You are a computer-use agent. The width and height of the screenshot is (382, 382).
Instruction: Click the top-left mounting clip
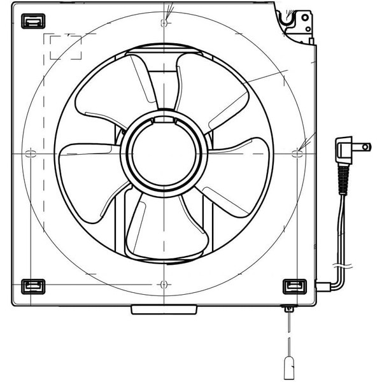pos(31,21)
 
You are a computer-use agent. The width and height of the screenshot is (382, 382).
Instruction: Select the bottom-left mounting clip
pos(31,286)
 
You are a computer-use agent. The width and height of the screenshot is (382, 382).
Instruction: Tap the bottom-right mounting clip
pos(294,286)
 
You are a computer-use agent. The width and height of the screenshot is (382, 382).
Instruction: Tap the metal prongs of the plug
pos(363,147)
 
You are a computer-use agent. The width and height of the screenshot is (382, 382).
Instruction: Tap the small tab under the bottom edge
pos(164,309)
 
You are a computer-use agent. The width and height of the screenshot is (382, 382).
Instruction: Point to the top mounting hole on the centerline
pos(165,23)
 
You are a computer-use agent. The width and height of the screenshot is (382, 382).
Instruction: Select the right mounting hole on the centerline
pos(296,153)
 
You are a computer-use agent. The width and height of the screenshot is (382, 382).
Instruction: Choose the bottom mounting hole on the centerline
pos(165,283)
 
